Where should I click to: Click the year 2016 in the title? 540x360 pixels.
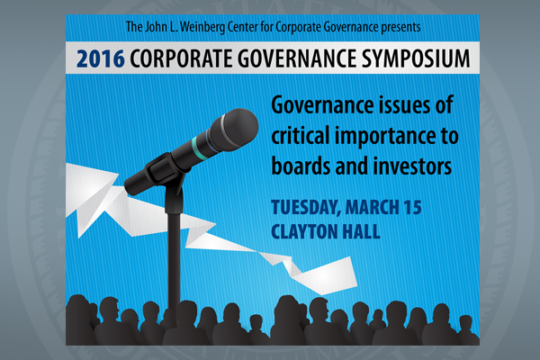[100, 58]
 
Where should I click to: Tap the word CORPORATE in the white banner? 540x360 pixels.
[181, 58]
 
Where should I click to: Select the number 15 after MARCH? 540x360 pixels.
[412, 207]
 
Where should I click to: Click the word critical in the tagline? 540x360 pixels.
[301, 135]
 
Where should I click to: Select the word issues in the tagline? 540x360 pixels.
[403, 105]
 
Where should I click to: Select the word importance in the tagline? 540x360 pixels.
[395, 137]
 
